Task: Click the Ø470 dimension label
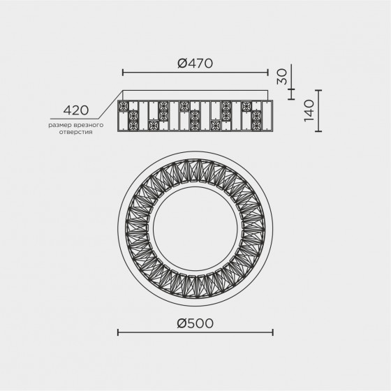[x=195, y=64]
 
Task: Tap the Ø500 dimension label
[x=195, y=323]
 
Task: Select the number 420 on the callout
[x=76, y=110]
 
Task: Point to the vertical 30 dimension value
[x=282, y=77]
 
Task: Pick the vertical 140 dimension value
[x=309, y=110]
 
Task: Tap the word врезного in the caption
[x=89, y=125]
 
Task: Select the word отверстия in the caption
[x=76, y=132]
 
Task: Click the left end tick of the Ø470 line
[x=123, y=73]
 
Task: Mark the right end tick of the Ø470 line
[x=268, y=73]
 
